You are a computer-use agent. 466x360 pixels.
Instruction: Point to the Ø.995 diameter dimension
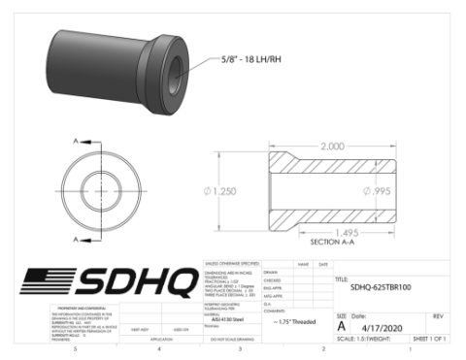point(376,190)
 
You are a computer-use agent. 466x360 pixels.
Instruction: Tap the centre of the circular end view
point(99,186)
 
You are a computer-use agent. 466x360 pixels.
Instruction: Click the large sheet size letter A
point(341,327)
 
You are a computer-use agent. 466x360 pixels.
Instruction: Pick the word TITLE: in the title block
point(341,279)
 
